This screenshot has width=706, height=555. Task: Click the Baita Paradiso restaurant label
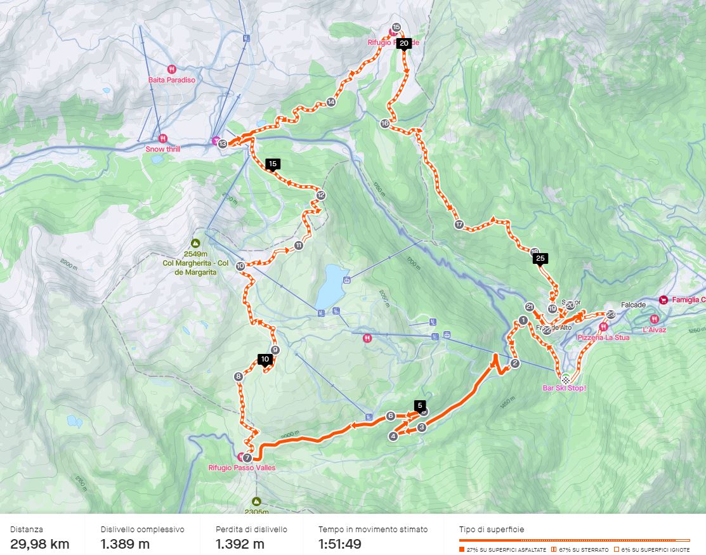point(171,80)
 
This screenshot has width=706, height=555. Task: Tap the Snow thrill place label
point(163,149)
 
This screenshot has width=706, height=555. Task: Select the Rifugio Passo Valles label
point(242,467)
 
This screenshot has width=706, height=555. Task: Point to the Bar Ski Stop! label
point(564,388)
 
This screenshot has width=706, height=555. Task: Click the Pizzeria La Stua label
point(603,337)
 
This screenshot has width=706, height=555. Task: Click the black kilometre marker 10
point(265,359)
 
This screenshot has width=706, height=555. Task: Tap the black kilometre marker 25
point(540,258)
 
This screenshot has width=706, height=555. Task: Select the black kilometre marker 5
point(419,405)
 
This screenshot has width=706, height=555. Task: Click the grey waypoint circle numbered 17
point(459,225)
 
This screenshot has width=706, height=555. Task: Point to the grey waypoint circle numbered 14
point(330,102)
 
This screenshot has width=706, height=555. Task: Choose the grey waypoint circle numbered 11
point(298,245)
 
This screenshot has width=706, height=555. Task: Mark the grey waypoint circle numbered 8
point(239,377)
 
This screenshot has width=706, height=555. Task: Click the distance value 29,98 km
point(40,544)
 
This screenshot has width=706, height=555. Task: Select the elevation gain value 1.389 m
point(125,544)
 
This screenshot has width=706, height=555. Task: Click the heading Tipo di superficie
point(492,529)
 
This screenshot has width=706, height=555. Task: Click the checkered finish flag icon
point(565,378)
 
